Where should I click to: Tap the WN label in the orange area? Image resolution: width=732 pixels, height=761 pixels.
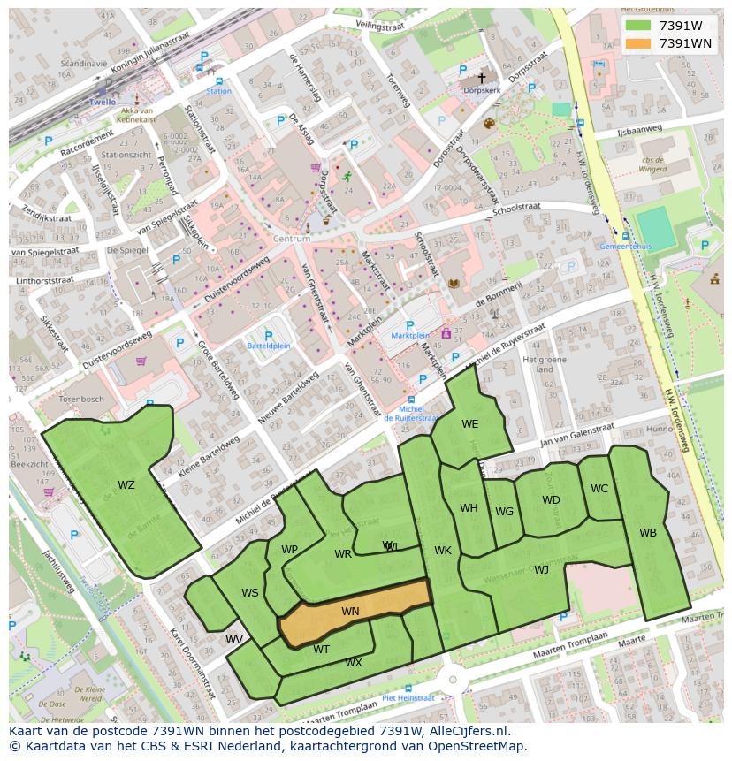point(350,611)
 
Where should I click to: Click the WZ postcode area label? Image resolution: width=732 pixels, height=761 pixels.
point(126,484)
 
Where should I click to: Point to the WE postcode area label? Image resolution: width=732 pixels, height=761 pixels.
point(469,424)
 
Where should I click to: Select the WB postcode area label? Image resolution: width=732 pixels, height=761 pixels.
point(648,532)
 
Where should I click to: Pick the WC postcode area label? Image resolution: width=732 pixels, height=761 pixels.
point(599,488)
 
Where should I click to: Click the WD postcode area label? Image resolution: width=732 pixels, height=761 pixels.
point(551,499)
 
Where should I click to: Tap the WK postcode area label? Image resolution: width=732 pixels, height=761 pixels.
point(443,551)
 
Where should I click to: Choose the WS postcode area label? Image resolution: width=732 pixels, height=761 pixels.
point(250,592)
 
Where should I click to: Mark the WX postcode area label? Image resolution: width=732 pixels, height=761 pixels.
point(354,662)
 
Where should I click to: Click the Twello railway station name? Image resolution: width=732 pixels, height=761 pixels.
point(102,102)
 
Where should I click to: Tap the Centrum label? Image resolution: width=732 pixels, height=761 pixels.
point(292,239)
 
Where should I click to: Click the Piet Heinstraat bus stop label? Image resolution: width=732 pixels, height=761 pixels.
point(409,697)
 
